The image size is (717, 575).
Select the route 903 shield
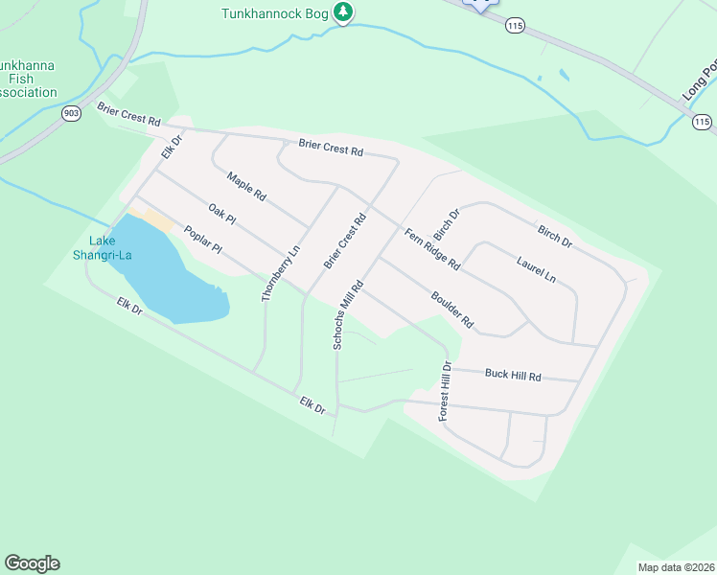(71, 113)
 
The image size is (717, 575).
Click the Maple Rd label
(246, 185)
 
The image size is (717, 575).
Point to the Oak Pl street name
(221, 213)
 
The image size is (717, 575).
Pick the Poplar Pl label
(202, 240)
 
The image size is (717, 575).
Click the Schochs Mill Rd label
(347, 314)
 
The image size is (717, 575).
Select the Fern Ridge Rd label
(432, 250)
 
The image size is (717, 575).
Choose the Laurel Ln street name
(536, 268)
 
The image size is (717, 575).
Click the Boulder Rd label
(452, 310)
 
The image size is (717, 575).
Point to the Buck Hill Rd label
(513, 376)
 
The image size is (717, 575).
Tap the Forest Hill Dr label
(445, 391)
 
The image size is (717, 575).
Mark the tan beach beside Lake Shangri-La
(155, 220)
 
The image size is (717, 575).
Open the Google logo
(32, 563)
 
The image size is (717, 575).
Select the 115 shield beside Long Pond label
(703, 122)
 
